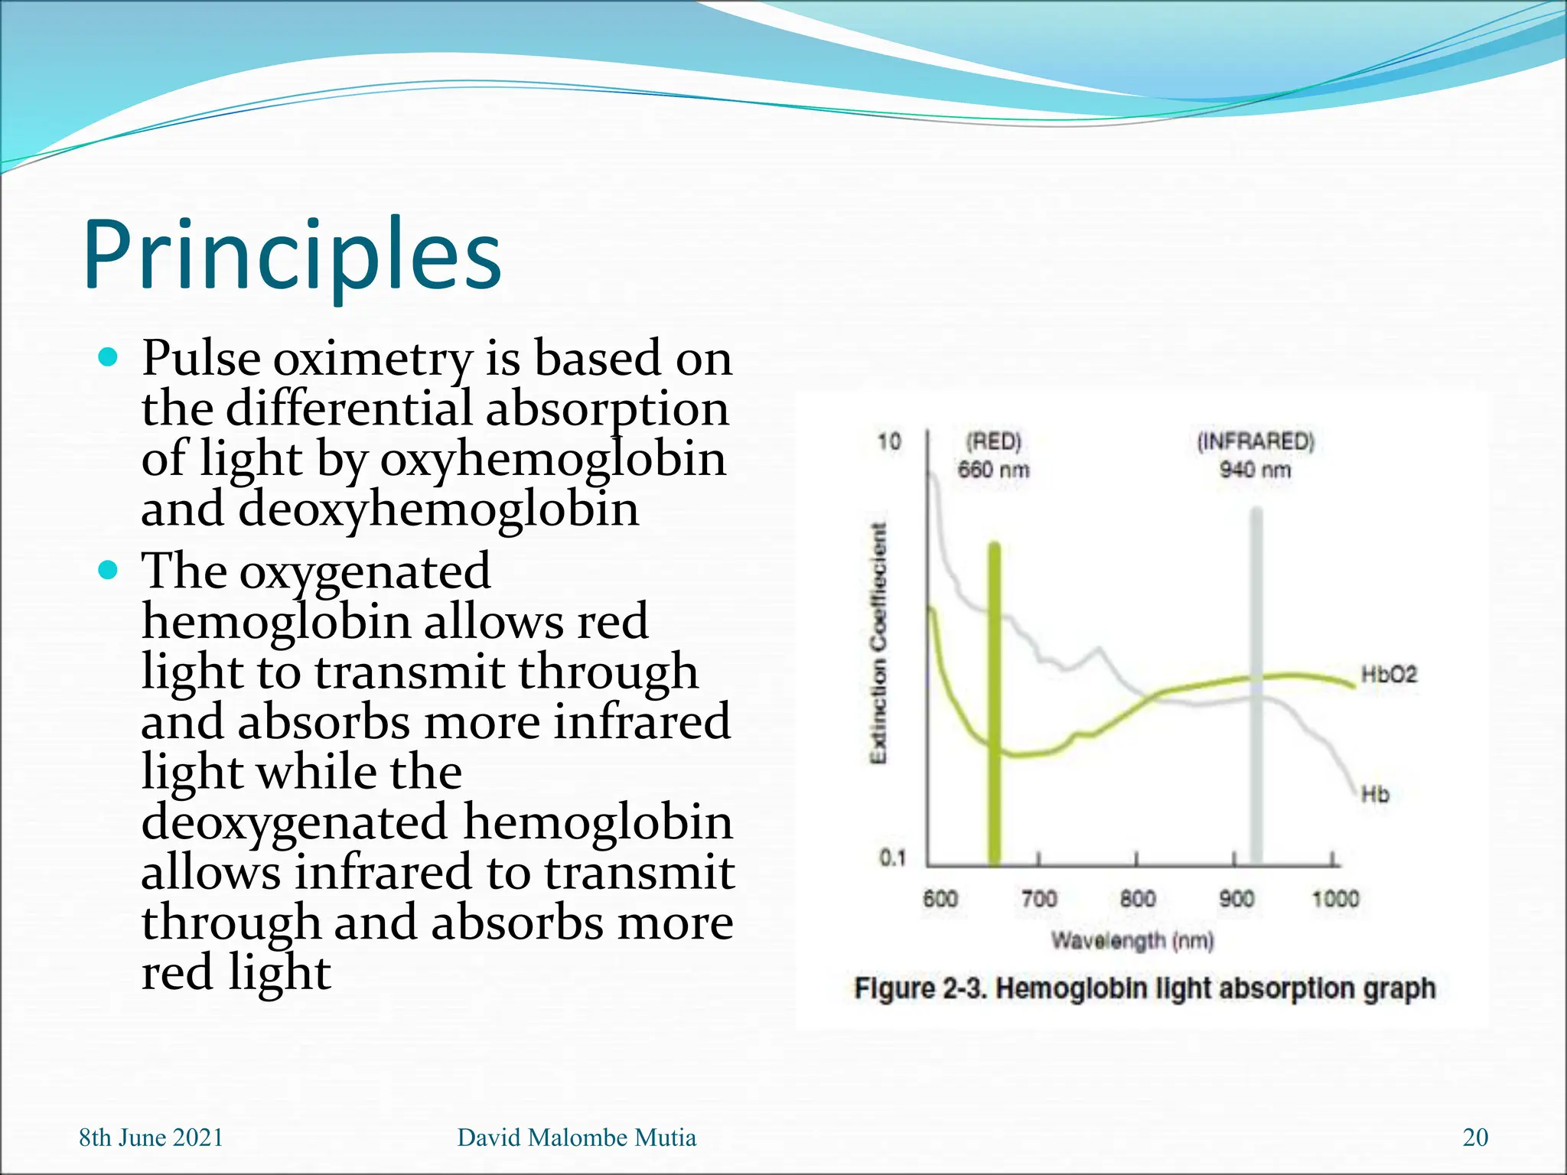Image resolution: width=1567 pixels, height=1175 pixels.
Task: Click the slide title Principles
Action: (x=292, y=256)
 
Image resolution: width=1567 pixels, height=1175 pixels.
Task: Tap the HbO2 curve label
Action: (x=1389, y=675)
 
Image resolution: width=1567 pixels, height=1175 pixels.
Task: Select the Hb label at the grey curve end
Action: (x=1375, y=795)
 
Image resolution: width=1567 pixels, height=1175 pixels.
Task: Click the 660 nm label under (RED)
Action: (x=994, y=470)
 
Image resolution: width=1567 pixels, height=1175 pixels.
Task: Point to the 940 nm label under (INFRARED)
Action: (x=1255, y=470)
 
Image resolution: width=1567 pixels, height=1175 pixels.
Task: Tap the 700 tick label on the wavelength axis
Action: (x=1039, y=898)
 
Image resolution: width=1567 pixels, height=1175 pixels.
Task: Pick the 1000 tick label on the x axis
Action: (x=1335, y=898)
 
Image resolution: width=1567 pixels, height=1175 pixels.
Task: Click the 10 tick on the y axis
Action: (x=889, y=441)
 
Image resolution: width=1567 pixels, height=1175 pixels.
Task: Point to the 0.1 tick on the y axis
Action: (x=892, y=858)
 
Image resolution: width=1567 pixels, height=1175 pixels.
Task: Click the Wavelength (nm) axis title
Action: (x=1132, y=940)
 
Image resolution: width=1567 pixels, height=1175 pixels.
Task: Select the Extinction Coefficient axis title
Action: (x=880, y=643)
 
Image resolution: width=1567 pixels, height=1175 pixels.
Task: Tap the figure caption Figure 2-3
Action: (x=1145, y=988)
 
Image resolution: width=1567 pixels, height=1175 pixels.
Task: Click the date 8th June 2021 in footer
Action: (x=151, y=1138)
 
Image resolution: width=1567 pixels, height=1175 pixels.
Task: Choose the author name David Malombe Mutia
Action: (x=577, y=1138)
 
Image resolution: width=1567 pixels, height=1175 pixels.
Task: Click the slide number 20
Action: (x=1475, y=1138)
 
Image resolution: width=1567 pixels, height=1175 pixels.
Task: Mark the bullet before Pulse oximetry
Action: (x=109, y=357)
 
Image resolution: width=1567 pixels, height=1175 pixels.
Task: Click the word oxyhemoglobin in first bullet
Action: (x=552, y=459)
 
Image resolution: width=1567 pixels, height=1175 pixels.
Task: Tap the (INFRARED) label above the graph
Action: (x=1255, y=441)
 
